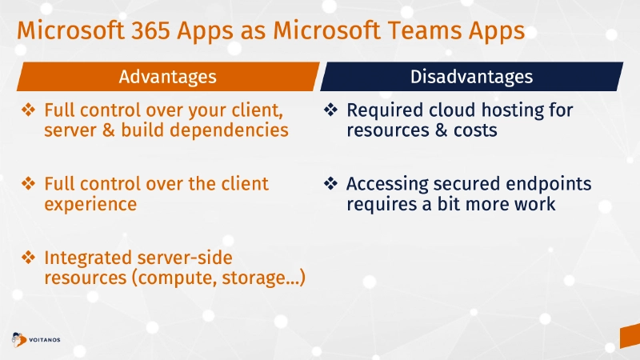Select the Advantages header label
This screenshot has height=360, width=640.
pos(167,77)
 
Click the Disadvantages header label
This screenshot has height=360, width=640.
pos(471,77)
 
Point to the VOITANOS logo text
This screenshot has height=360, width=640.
pos(44,339)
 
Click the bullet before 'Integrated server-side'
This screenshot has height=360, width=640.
pos(28,258)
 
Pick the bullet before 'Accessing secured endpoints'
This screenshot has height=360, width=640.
pos(330,184)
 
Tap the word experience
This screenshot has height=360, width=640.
pos(90,204)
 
